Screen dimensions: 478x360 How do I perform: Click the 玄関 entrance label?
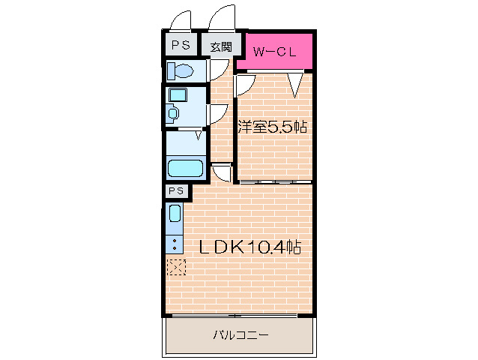[221, 46]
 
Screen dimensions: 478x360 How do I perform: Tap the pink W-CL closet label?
[274, 52]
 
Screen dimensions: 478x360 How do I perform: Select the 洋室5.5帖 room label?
[272, 127]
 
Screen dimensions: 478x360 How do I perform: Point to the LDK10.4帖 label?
[250, 247]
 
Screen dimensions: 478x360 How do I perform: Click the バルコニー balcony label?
[240, 335]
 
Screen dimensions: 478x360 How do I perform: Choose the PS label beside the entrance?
[181, 45]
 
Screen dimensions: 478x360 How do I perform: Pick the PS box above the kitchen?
[177, 191]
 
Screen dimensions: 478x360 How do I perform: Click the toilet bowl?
[181, 70]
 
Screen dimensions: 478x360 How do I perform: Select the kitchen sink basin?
[175, 213]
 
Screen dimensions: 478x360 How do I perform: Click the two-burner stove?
[175, 244]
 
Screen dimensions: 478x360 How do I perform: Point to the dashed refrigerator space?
[176, 267]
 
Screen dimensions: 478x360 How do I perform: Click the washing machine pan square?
[178, 95]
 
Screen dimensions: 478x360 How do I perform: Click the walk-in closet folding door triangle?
[295, 85]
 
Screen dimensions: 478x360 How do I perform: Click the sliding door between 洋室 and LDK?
[275, 182]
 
